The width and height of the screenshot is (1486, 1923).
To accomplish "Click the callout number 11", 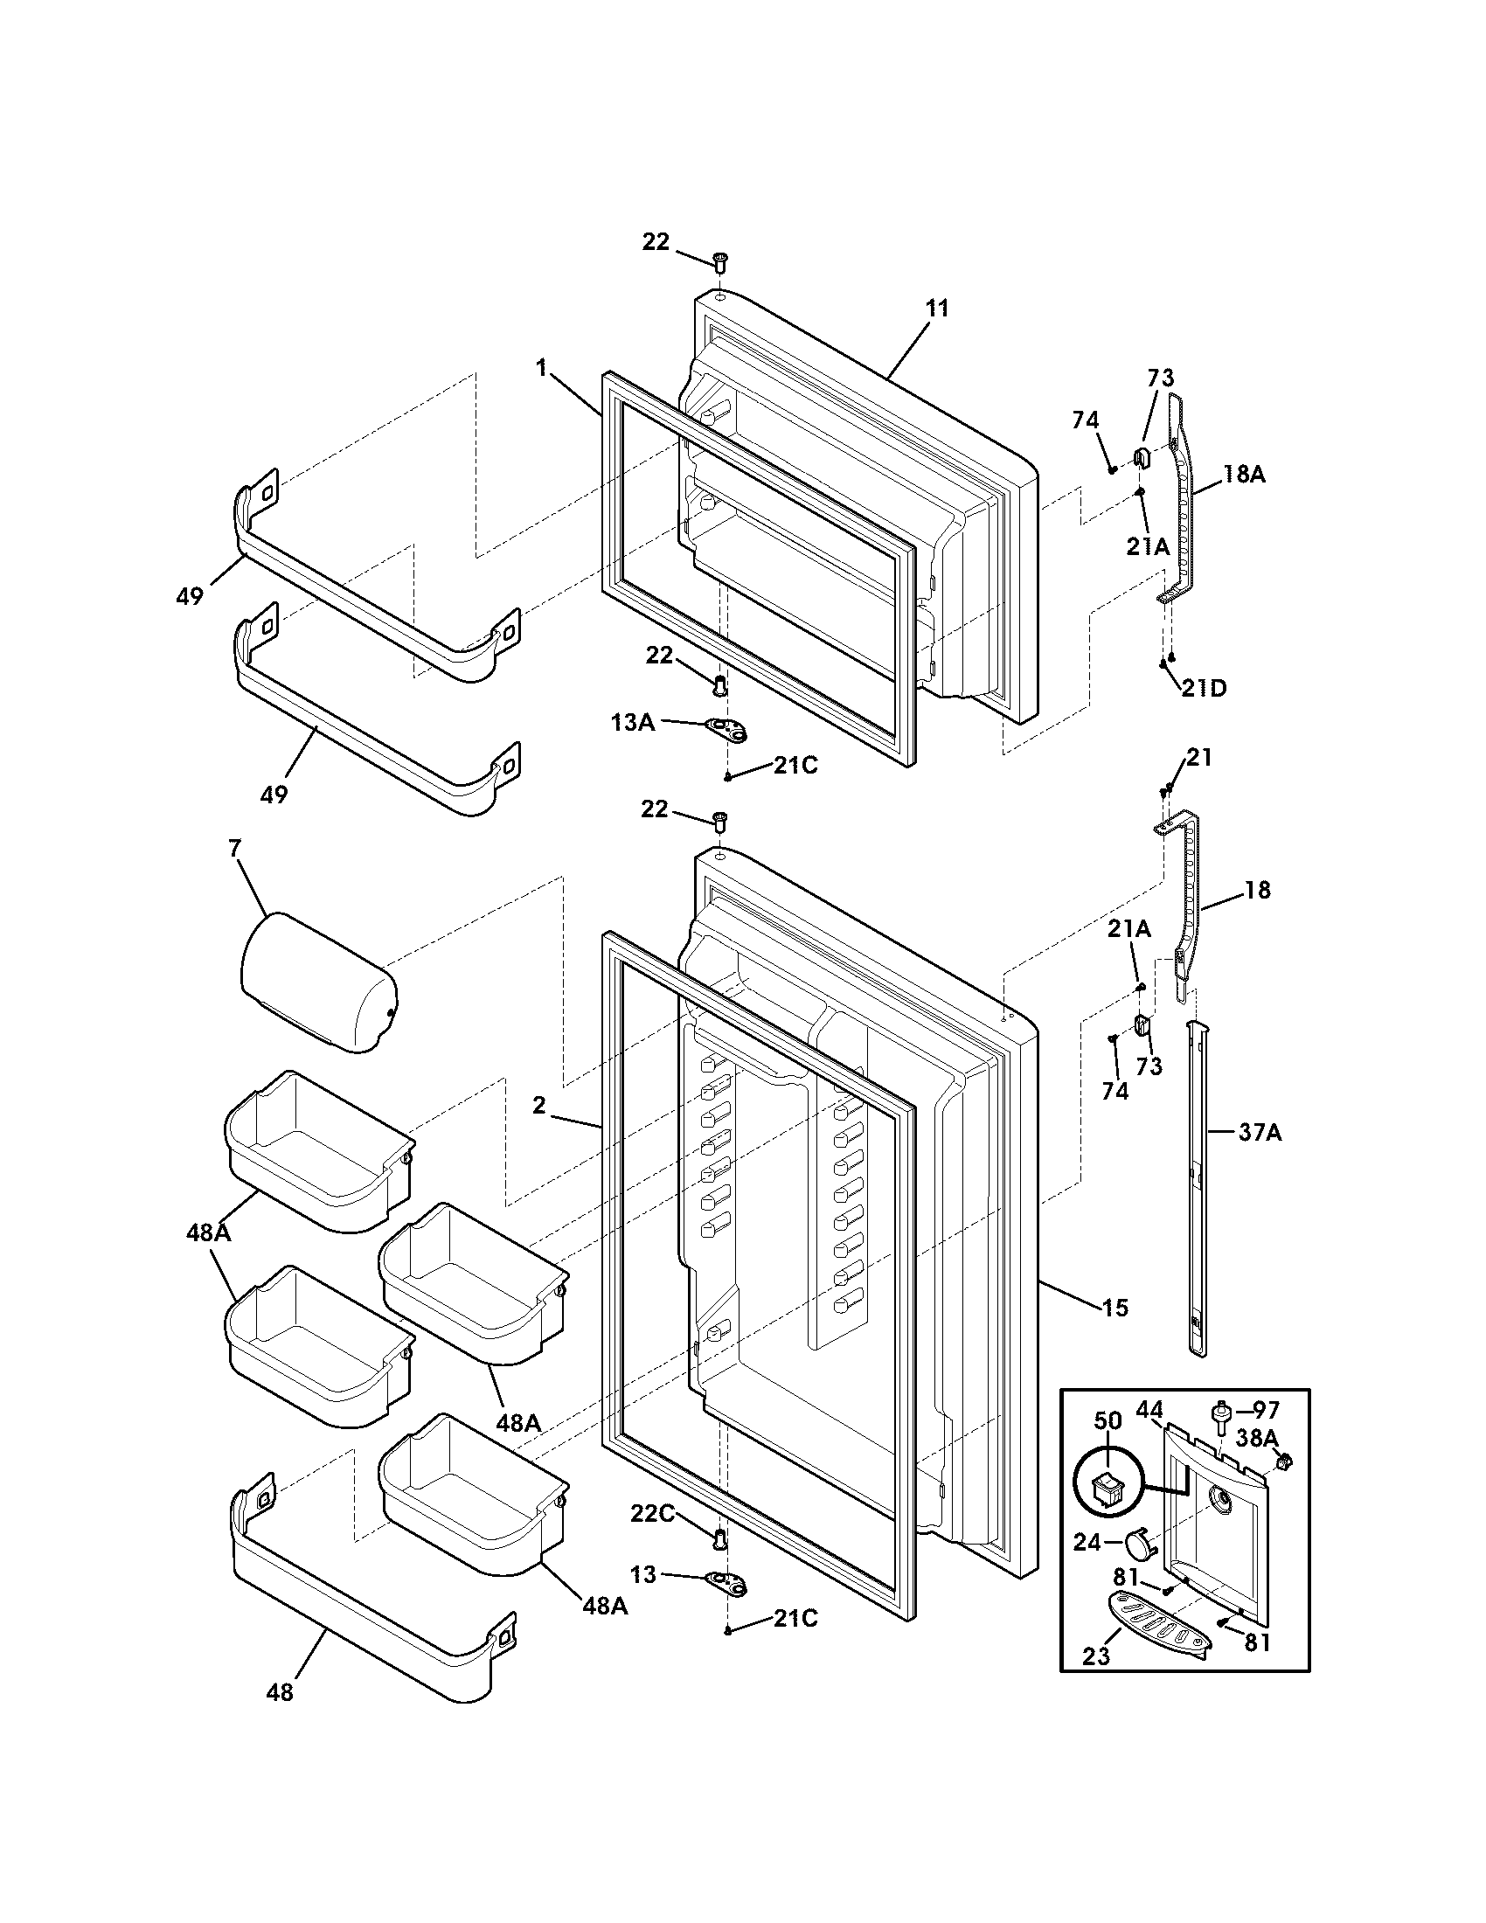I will pyautogui.click(x=938, y=309).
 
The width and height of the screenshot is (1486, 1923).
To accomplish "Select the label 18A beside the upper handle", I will pyautogui.click(x=1244, y=475).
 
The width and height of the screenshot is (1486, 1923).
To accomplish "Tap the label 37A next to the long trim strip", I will pyautogui.click(x=1260, y=1133).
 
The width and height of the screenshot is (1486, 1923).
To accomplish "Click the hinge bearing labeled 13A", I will pyautogui.click(x=726, y=727).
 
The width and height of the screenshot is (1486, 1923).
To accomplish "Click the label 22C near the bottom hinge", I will pyautogui.click(x=652, y=1513).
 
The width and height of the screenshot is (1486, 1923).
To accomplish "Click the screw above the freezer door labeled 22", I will pyautogui.click(x=719, y=260).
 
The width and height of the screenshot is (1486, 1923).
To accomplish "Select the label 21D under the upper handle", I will pyautogui.click(x=1204, y=688).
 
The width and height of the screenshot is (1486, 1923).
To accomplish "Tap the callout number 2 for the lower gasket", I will pyautogui.click(x=538, y=1105).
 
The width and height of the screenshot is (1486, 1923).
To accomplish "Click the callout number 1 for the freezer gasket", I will pyautogui.click(x=542, y=369).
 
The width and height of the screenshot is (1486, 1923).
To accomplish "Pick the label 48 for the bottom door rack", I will pyautogui.click(x=279, y=1691).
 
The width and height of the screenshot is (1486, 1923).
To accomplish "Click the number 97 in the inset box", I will pyautogui.click(x=1266, y=1411).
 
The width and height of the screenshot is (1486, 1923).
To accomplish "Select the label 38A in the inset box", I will pyautogui.click(x=1256, y=1438).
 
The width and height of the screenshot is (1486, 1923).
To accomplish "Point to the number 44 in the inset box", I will pyautogui.click(x=1149, y=1410).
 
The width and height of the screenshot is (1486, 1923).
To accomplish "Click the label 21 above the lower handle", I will pyautogui.click(x=1199, y=757).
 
